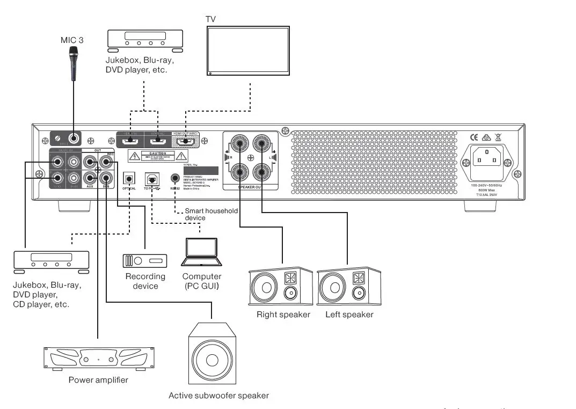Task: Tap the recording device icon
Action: tap(145, 260)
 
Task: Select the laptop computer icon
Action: tap(201, 252)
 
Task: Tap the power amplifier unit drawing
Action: tap(98, 357)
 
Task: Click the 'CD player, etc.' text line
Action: tap(41, 304)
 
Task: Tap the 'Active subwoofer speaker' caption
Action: tap(218, 396)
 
